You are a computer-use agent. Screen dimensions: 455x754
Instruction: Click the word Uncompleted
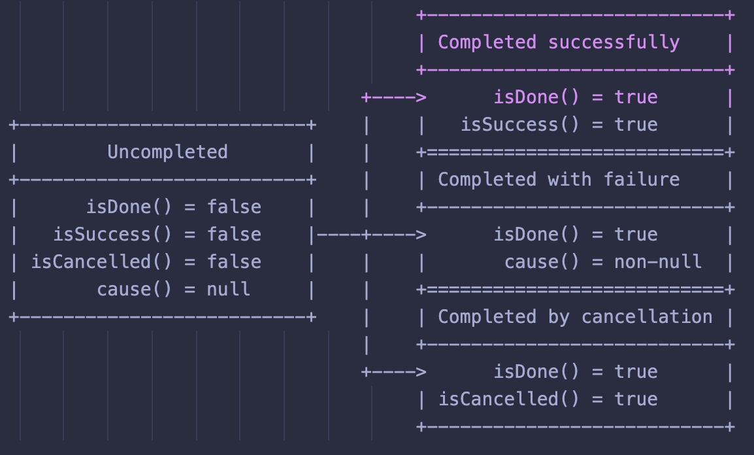[x=167, y=152]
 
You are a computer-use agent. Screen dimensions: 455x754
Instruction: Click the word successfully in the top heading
[x=614, y=42]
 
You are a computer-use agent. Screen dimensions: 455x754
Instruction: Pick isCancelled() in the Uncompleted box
[x=101, y=262]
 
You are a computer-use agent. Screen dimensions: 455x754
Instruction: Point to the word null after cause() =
[x=228, y=290]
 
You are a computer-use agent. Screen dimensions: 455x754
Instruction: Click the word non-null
[x=658, y=262]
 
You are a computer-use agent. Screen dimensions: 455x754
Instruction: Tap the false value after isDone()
[x=234, y=207]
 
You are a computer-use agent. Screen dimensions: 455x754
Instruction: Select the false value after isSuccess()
[x=234, y=235]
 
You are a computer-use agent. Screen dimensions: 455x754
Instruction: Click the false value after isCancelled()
[x=234, y=262]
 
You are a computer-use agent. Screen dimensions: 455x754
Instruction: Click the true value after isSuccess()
[x=636, y=125]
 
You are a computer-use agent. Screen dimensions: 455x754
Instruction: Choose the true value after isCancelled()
[x=636, y=399]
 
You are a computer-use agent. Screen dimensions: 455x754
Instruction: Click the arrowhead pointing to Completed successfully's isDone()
[x=421, y=98]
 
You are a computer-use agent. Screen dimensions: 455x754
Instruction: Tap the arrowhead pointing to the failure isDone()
[x=421, y=235]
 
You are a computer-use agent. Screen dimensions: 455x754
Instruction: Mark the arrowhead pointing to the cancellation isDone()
[x=421, y=372]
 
